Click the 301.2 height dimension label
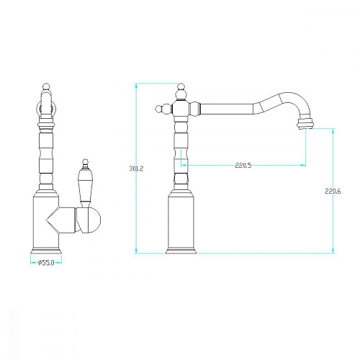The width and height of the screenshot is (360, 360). [136, 168]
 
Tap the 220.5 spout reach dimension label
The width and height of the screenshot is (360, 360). [243, 166]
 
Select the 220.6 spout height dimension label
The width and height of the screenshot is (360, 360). [333, 192]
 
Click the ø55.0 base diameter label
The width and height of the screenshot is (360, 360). [46, 263]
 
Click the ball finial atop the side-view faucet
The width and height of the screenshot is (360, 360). [181, 87]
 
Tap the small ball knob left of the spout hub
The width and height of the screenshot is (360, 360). [158, 109]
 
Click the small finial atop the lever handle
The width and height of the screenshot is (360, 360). [85, 163]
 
